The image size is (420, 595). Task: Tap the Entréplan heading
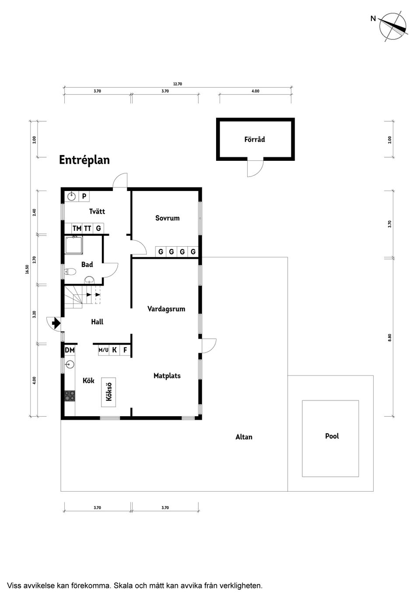click(x=84, y=160)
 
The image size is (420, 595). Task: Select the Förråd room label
click(x=255, y=139)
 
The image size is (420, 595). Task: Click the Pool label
click(x=332, y=436)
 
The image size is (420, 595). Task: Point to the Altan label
click(x=244, y=437)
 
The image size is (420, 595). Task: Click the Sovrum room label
click(x=167, y=218)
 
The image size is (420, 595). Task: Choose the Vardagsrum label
click(x=166, y=309)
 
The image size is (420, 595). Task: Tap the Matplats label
click(x=167, y=375)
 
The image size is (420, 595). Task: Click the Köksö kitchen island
click(x=109, y=392)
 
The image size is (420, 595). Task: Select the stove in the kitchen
click(x=70, y=396)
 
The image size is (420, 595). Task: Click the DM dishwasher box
click(x=70, y=350)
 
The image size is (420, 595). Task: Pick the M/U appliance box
click(x=103, y=350)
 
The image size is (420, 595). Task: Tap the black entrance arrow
click(x=56, y=323)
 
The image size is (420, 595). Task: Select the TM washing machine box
click(x=77, y=228)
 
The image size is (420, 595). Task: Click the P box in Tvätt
click(x=84, y=196)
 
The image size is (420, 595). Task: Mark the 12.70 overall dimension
click(x=177, y=84)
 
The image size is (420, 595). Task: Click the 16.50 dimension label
click(x=27, y=269)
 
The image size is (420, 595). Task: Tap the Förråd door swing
click(x=255, y=168)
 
